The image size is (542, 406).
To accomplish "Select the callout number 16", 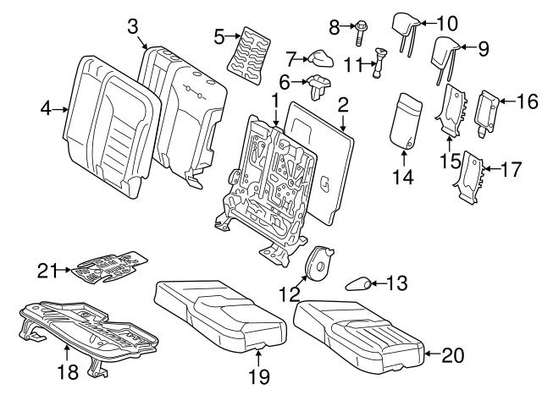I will pos(527,101).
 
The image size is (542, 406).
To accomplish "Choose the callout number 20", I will pos(453,354).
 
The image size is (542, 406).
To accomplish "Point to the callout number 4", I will pos(46,107).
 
